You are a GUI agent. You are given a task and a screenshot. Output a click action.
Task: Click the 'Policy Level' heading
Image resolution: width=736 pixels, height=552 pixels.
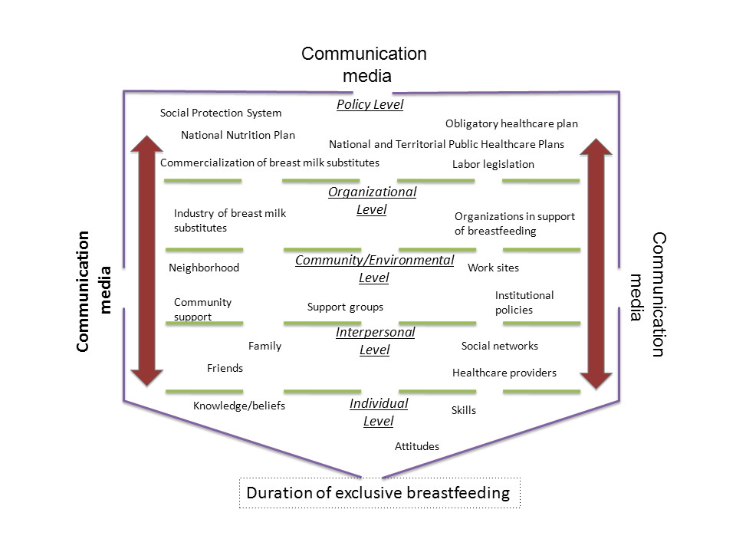pyautogui.click(x=370, y=105)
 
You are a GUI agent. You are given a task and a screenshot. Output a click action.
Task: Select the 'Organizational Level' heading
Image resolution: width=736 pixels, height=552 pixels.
pyautogui.click(x=372, y=200)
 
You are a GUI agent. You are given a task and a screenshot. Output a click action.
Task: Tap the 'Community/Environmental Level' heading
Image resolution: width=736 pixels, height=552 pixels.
pyautogui.click(x=374, y=268)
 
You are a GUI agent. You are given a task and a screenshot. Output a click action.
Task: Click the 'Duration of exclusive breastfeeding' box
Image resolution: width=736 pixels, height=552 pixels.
pyautogui.click(x=379, y=492)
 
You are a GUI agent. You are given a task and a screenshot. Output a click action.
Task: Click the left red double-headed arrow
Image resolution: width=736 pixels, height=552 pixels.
pyautogui.click(x=146, y=260)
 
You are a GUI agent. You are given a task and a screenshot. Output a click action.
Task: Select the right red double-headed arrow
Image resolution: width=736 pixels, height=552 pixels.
pyautogui.click(x=595, y=260)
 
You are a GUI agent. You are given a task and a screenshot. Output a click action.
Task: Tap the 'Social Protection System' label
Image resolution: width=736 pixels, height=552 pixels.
pyautogui.click(x=221, y=113)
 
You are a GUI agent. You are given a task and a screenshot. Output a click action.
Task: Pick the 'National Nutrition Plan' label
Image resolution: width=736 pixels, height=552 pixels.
pyautogui.click(x=238, y=136)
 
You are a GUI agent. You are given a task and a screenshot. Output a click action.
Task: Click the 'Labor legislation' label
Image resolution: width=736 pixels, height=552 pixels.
pyautogui.click(x=493, y=164)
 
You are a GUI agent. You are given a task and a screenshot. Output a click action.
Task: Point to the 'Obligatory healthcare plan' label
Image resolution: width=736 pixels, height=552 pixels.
pyautogui.click(x=511, y=123)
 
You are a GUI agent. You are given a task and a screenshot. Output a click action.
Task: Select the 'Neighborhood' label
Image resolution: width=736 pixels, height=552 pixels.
pyautogui.click(x=204, y=268)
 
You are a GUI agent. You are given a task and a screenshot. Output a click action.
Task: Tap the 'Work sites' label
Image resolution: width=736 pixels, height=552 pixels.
pyautogui.click(x=493, y=268)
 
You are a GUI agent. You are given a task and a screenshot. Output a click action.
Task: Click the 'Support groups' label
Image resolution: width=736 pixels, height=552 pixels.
pyautogui.click(x=345, y=307)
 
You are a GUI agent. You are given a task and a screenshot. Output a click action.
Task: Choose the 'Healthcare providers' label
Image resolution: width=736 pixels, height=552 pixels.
pyautogui.click(x=504, y=373)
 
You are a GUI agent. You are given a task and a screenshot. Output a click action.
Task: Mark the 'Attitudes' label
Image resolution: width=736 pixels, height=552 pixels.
pyautogui.click(x=416, y=446)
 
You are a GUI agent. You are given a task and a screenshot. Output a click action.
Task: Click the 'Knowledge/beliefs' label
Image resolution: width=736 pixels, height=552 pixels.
pyautogui.click(x=238, y=406)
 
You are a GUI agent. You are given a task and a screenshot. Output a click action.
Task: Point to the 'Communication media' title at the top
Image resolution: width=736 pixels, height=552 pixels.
pyautogui.click(x=363, y=64)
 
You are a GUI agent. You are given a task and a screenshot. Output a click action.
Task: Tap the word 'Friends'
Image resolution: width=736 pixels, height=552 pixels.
pyautogui.click(x=225, y=369)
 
